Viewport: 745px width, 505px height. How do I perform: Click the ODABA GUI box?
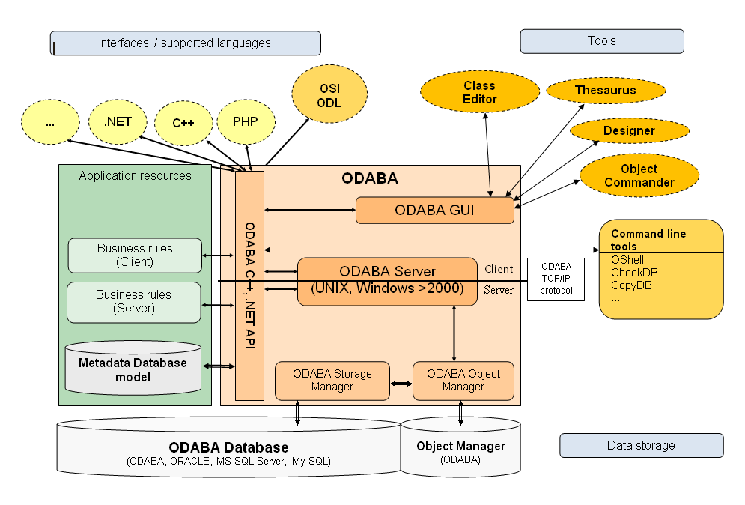click(435, 211)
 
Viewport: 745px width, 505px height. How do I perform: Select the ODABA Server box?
click(387, 280)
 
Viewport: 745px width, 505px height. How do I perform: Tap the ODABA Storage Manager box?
click(332, 380)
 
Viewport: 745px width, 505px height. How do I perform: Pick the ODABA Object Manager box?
click(463, 380)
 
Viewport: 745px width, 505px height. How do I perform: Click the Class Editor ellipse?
click(480, 93)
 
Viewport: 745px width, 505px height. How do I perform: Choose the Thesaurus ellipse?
click(605, 91)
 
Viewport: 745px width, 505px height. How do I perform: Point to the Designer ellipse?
click(629, 131)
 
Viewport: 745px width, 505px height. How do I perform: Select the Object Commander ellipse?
click(639, 176)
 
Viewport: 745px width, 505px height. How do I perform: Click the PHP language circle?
click(245, 121)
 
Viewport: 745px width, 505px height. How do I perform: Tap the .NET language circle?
click(119, 121)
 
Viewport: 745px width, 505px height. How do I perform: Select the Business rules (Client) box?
click(135, 255)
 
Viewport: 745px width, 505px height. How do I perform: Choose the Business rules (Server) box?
click(134, 302)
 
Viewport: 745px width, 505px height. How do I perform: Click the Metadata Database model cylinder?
click(133, 369)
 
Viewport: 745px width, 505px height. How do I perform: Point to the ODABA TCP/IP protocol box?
click(556, 280)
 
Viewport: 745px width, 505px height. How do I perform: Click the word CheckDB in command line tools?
click(634, 273)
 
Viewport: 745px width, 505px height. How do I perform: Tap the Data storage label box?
click(641, 445)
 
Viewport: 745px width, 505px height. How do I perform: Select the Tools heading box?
click(601, 41)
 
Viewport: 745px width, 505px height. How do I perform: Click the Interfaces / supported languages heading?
click(185, 43)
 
